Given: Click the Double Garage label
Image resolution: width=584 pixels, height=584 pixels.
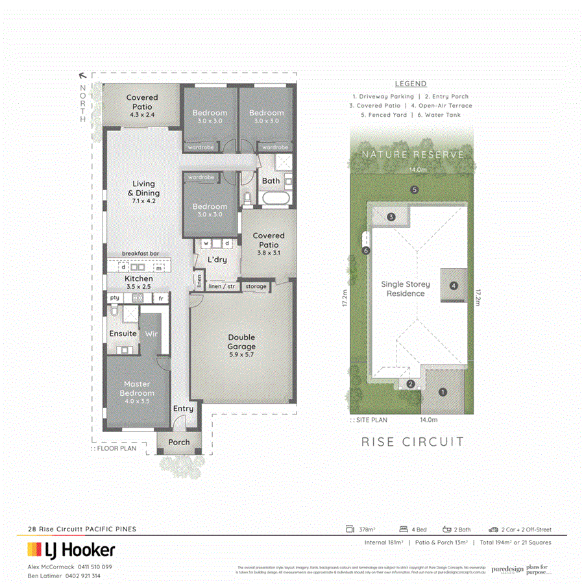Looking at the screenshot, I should [241, 341].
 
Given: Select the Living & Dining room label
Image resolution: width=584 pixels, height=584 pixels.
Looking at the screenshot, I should [143, 188].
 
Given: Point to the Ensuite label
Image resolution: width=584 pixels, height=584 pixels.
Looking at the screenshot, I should [123, 334].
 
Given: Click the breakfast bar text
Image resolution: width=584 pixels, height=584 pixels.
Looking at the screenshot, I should [141, 254].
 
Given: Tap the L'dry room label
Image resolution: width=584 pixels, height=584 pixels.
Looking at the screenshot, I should [217, 260].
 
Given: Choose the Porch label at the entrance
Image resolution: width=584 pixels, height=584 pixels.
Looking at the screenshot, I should [179, 443].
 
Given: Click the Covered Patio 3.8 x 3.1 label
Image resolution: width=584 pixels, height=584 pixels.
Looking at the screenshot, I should [269, 240].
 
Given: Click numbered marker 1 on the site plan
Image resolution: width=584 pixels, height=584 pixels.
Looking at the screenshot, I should [443, 392].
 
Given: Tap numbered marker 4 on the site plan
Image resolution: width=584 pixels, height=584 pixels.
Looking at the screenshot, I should [454, 285].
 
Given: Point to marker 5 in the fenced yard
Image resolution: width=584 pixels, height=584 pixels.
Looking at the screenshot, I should [413, 189].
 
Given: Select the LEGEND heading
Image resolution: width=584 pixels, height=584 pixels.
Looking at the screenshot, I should [411, 84].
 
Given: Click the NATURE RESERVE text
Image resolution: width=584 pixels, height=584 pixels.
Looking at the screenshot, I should [413, 154].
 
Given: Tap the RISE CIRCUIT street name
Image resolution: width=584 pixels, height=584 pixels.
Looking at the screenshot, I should [413, 442].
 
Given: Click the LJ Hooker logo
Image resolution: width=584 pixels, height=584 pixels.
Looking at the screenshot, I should [71, 551].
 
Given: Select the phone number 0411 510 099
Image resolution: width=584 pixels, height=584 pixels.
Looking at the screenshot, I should [90, 566].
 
